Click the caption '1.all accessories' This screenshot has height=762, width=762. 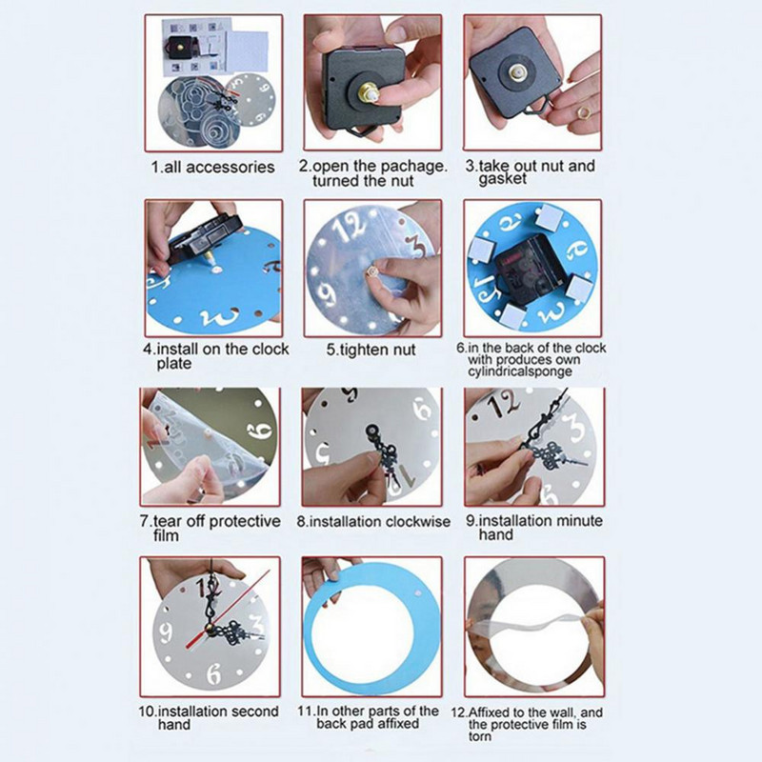tap(212, 168)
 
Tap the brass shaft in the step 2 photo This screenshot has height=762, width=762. tap(367, 92)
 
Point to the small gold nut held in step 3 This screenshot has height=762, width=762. tap(584, 112)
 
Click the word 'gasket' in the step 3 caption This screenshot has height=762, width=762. tap(502, 179)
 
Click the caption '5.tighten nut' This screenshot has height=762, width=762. tap(371, 350)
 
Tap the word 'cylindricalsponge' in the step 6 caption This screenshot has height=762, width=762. tap(520, 371)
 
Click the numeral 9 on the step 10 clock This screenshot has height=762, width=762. tap(165, 632)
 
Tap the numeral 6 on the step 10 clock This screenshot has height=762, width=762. tap(213, 673)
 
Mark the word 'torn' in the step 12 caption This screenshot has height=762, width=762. tap(480, 736)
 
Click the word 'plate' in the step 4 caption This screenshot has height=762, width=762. tap(174, 364)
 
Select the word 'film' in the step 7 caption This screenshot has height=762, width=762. tap(166, 535)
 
